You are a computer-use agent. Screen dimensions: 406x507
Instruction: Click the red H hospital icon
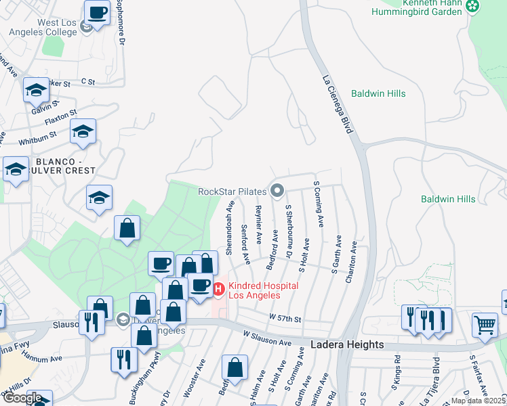(219, 290)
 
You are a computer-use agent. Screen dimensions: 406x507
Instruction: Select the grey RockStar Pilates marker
(277, 191)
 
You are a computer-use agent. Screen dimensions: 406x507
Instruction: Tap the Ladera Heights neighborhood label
(346, 344)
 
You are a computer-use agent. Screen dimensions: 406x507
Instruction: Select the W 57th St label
(284, 317)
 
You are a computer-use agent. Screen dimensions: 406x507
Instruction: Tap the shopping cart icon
(485, 325)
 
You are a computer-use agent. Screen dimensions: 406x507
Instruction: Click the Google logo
(22, 397)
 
